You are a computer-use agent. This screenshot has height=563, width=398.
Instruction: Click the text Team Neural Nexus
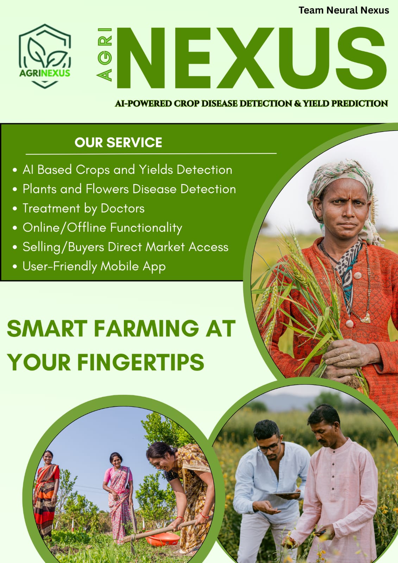[344, 11]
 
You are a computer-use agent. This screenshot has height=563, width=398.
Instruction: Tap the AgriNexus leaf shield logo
[45, 56]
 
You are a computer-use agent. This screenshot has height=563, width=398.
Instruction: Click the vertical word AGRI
[105, 55]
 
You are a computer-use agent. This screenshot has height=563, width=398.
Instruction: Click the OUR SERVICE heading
[118, 143]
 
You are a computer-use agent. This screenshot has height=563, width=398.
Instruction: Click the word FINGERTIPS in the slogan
[141, 362]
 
